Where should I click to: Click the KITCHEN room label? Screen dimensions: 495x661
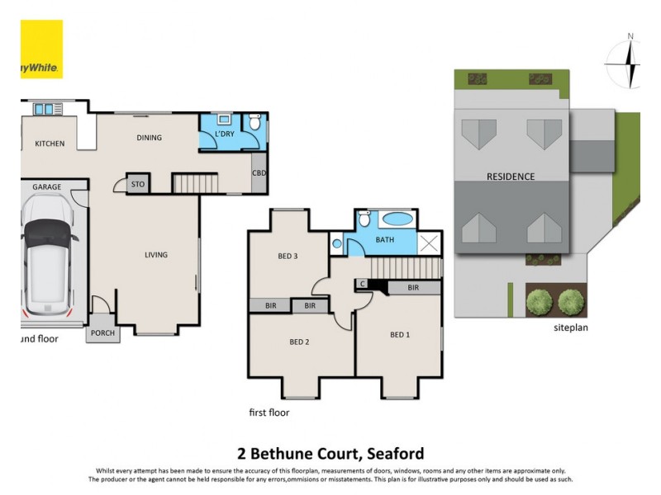[x=50, y=144]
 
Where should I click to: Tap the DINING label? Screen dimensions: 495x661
[x=149, y=138]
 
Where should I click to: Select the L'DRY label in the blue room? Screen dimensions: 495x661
[x=223, y=134]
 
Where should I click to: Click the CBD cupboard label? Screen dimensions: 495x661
[x=259, y=173]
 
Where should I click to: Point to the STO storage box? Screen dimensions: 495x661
[x=137, y=185]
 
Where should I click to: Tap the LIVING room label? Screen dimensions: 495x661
[x=155, y=255]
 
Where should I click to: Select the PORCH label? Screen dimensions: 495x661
[x=102, y=333]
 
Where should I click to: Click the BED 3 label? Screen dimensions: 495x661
[x=287, y=257]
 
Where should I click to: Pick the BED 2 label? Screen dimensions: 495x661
[x=298, y=342]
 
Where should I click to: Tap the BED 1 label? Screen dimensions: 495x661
[x=399, y=334]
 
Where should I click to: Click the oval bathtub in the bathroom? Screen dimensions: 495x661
[x=397, y=220]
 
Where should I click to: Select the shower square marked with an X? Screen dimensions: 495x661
[x=430, y=243]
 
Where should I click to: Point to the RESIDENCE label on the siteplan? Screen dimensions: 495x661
[x=510, y=177]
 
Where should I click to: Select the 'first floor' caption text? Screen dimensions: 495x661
[x=269, y=412]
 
